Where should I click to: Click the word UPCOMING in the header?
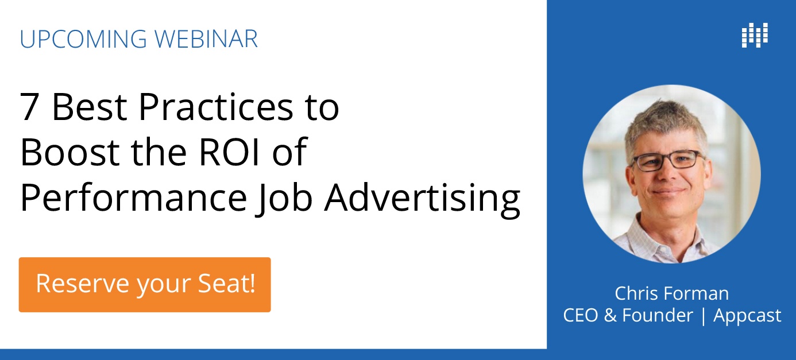coord(83,38)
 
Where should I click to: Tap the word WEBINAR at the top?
coord(206,38)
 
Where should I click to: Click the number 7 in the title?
coord(29,107)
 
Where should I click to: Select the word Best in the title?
coord(90,107)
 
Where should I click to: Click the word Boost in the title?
coord(69,152)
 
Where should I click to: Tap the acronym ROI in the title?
coord(229,152)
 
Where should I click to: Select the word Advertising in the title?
coord(422,199)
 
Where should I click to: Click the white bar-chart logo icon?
coord(755,35)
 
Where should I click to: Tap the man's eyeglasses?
coord(667,161)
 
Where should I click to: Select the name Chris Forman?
coord(671,293)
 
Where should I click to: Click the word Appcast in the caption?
coord(747,316)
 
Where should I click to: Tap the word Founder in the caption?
coord(658,315)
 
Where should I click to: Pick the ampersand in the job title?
coord(610,315)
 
